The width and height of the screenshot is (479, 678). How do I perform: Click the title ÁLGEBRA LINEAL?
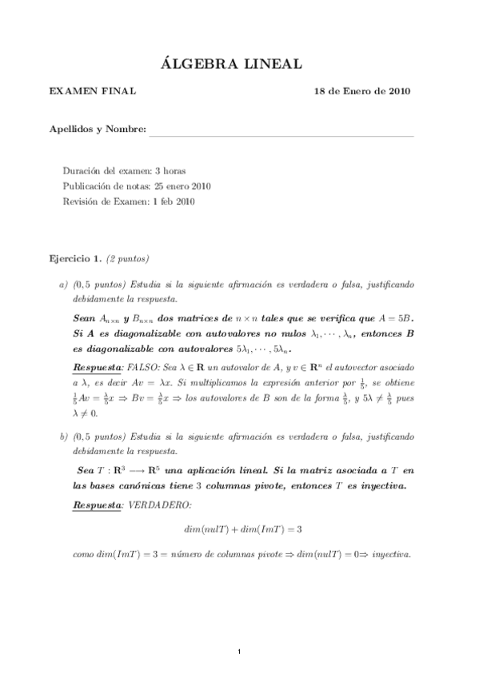click(239, 64)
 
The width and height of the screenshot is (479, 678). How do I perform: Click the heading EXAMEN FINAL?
click(93, 91)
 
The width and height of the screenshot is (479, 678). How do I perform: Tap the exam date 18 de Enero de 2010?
click(362, 91)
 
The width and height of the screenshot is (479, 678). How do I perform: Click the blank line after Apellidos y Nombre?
click(281, 131)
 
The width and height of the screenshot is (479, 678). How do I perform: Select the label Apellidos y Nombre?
click(98, 130)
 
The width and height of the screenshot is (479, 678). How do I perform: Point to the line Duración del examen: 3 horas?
click(124, 171)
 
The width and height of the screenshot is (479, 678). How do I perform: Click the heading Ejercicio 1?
click(75, 259)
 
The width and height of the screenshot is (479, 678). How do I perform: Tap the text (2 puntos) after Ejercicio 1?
click(128, 259)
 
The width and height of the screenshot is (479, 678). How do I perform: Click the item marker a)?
click(63, 285)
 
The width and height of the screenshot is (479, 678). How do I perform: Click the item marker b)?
click(63, 438)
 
